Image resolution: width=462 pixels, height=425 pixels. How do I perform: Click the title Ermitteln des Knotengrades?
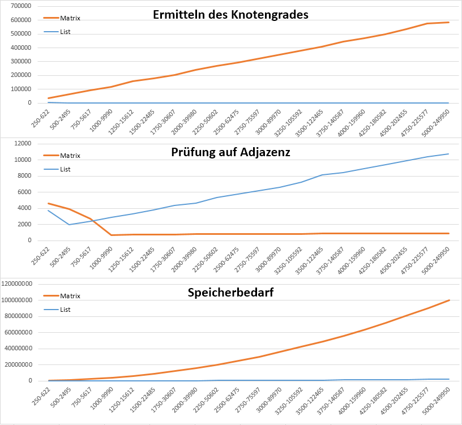[x=230, y=15]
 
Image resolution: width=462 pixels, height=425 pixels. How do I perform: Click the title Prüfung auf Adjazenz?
[x=230, y=152]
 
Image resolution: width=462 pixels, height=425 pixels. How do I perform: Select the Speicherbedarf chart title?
[x=230, y=293]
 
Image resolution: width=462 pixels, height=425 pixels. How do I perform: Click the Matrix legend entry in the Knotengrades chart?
[x=62, y=18]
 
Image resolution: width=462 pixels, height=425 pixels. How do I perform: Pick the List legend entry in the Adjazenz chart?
[x=57, y=169]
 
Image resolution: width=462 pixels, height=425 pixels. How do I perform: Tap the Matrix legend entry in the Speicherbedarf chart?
[x=62, y=296]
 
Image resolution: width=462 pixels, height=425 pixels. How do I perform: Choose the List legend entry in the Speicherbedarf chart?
[x=57, y=310]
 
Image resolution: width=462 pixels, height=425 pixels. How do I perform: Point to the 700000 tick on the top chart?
[x=21, y=6]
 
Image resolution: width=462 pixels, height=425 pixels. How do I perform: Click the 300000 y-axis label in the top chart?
[x=21, y=61]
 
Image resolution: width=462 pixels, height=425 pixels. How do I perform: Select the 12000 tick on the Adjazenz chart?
[x=23, y=143]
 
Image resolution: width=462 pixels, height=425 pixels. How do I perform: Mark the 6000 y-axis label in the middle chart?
[x=24, y=192]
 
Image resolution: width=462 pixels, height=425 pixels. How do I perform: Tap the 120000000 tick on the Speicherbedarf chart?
[x=17, y=284]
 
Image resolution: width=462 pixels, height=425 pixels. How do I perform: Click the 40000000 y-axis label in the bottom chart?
[x=18, y=349]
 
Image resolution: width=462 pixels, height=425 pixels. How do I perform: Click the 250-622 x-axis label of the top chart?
[x=41, y=118]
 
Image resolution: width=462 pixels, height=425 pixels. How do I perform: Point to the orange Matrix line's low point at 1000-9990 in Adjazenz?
[x=112, y=235]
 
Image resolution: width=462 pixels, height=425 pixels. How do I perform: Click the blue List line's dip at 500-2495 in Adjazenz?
[x=69, y=225]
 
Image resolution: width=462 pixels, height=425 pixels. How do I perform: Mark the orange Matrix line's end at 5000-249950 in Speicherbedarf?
[x=449, y=300]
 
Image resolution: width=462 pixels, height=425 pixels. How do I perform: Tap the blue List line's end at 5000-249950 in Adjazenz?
[x=448, y=154]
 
